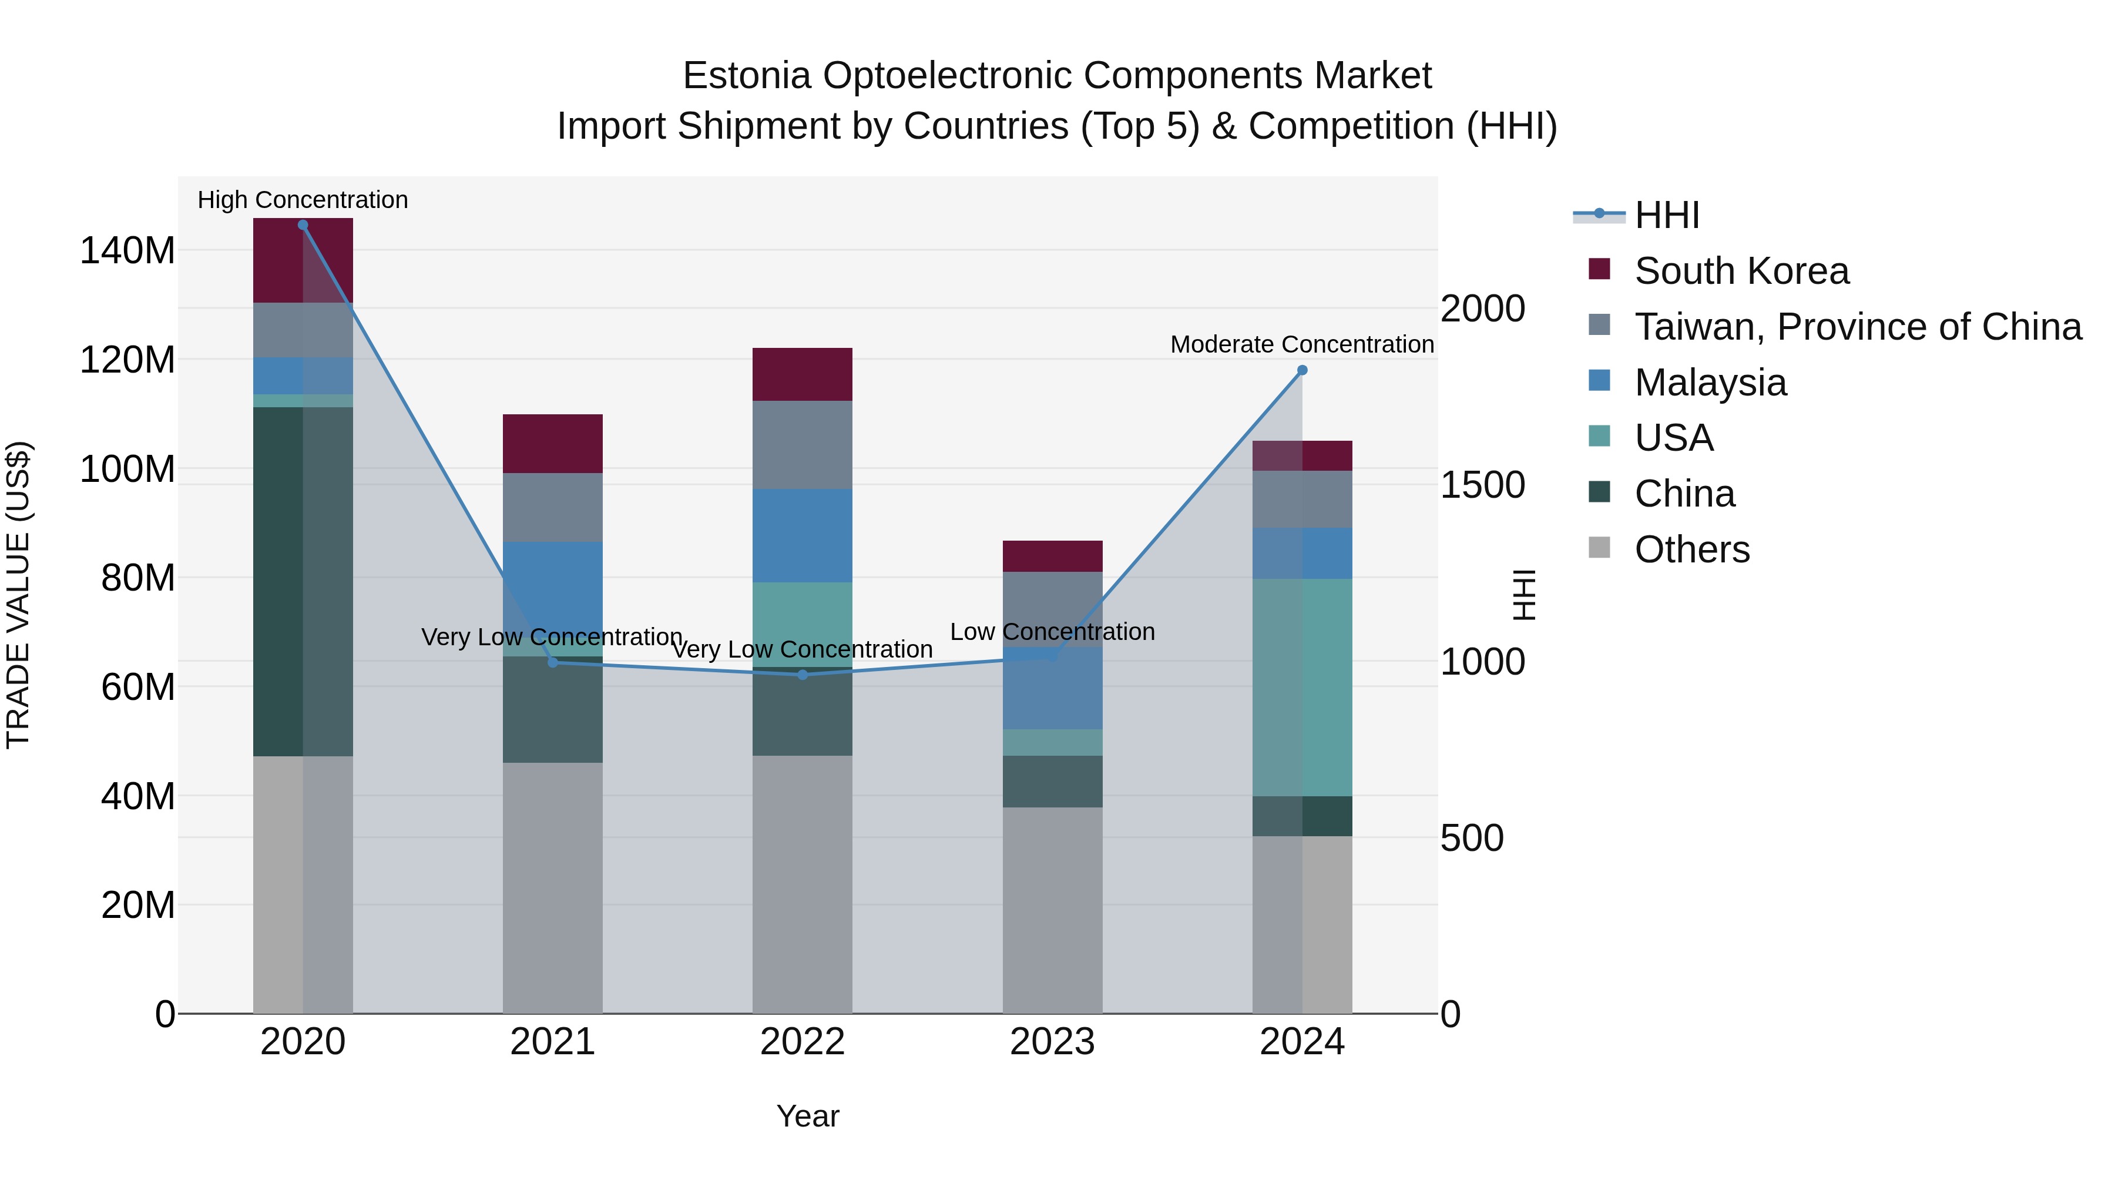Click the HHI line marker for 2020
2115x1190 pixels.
point(303,225)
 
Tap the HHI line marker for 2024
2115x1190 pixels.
point(1302,370)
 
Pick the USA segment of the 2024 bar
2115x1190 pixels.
point(1302,688)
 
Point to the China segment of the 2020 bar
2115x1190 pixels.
point(303,581)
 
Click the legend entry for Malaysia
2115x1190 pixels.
point(1710,383)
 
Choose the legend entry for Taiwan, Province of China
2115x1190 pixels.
point(1857,327)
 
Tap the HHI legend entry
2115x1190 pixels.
point(1666,215)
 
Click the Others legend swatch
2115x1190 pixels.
point(1599,548)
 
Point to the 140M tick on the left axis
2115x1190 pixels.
point(127,250)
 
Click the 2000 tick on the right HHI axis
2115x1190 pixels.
point(1483,309)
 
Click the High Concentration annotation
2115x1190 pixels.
point(303,200)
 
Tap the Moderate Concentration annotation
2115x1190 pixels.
point(1302,344)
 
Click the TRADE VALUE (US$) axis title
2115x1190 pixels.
point(19,595)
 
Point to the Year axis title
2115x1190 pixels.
point(808,1116)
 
